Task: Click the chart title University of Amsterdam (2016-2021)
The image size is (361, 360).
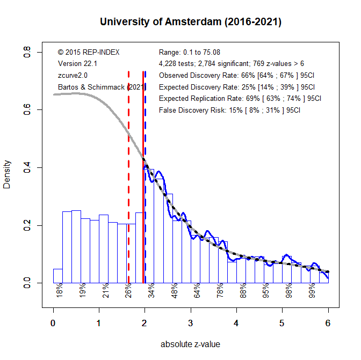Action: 191,22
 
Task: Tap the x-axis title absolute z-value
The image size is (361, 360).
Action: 190,344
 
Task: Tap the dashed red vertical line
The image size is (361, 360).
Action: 129,177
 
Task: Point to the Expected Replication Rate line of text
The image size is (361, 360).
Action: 240,99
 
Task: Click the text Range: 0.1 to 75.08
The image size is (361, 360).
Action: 190,52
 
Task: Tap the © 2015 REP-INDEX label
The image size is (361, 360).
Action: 88,52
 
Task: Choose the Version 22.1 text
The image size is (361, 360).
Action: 77,64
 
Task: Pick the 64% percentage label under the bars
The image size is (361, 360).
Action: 197,290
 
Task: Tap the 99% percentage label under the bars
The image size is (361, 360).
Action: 312,290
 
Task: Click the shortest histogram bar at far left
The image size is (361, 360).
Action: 57,275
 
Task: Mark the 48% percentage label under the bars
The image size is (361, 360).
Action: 174,290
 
